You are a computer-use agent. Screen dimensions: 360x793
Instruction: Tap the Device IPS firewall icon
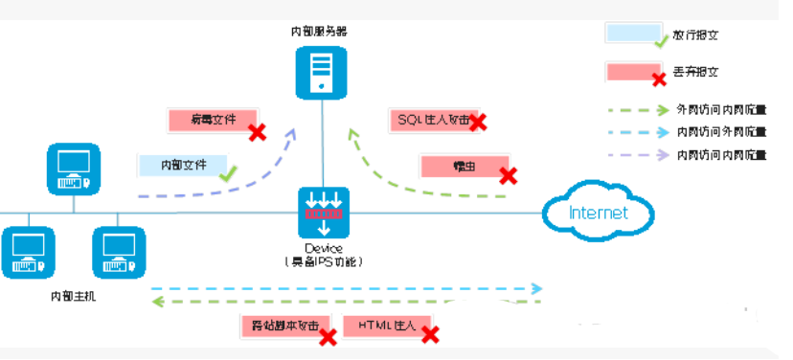(x=324, y=213)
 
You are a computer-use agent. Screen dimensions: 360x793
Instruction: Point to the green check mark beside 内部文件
(x=228, y=174)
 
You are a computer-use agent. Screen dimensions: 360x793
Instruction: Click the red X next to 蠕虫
(x=509, y=175)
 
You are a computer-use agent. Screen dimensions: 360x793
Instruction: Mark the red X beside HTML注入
(x=431, y=335)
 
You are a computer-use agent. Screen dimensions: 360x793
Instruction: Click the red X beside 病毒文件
(x=257, y=132)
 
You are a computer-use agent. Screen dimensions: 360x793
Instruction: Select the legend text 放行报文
(x=694, y=34)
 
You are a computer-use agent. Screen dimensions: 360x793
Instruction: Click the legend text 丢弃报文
(x=694, y=72)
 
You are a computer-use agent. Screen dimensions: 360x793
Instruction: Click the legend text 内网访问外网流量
(x=721, y=132)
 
